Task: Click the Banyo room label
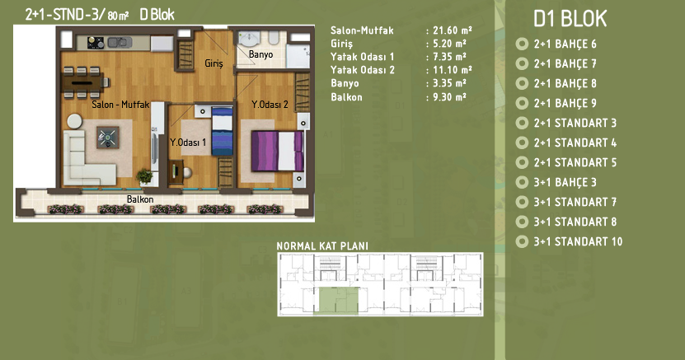(x=260, y=54)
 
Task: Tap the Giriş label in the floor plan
(x=214, y=63)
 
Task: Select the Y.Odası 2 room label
(x=270, y=105)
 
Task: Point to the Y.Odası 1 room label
(x=188, y=143)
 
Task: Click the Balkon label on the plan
(x=140, y=199)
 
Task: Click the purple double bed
(x=277, y=151)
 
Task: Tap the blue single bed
(x=223, y=131)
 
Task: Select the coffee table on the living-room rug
(x=107, y=138)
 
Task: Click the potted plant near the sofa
(x=144, y=176)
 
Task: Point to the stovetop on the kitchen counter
(x=96, y=42)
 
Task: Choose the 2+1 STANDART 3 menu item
(x=575, y=123)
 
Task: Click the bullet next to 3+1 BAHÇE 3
(x=522, y=182)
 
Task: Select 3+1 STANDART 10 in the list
(x=578, y=241)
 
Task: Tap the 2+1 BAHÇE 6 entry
(x=565, y=44)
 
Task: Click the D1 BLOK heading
(x=570, y=19)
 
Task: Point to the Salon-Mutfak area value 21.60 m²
(x=453, y=30)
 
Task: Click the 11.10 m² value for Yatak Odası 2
(x=453, y=70)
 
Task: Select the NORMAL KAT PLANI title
(x=322, y=246)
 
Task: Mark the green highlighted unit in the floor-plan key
(x=336, y=301)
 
